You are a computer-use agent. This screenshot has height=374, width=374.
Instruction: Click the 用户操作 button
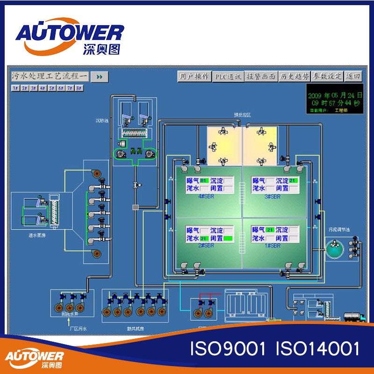coord(194,77)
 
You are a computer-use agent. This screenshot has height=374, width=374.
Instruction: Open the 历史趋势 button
coord(294,77)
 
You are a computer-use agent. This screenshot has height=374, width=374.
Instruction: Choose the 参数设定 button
coord(327,77)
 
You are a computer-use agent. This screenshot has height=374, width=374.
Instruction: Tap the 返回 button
coord(353,77)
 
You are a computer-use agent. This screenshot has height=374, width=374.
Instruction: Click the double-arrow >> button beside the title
coord(99,77)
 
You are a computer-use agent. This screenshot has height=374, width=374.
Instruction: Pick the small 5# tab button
coord(51,88)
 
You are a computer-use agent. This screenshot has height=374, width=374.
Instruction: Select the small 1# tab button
coord(15,88)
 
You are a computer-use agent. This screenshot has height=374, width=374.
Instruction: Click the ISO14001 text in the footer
coord(318,349)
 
